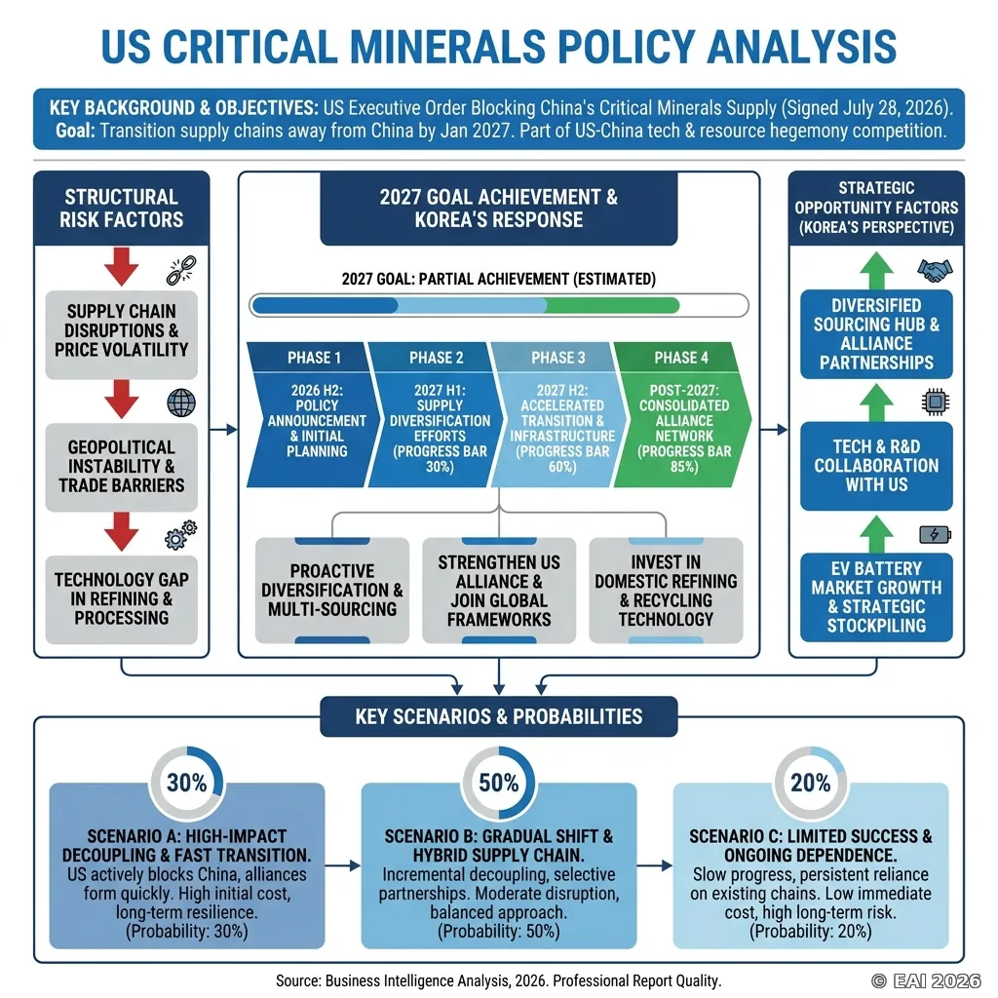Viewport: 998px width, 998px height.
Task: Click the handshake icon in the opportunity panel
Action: (935, 271)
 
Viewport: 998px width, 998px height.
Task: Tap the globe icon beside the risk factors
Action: (181, 403)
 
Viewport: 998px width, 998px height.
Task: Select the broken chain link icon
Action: (181, 271)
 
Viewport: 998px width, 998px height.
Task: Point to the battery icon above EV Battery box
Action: (935, 534)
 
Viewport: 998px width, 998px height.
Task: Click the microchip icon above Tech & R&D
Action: (935, 403)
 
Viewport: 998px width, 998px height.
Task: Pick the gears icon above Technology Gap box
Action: (180, 535)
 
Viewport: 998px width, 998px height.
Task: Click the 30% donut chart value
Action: (186, 783)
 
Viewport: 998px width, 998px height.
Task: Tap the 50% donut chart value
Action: (498, 783)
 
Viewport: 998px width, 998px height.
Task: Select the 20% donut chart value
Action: (810, 783)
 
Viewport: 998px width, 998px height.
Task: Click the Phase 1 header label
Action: (314, 358)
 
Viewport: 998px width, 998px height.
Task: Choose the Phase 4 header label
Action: (681, 358)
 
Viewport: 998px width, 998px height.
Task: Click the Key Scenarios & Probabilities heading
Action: (499, 716)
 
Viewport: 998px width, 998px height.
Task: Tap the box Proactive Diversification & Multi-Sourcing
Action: (332, 590)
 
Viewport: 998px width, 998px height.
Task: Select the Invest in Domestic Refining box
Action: (666, 590)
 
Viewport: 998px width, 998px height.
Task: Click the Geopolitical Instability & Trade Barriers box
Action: (122, 467)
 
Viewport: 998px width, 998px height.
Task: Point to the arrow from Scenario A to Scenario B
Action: (342, 865)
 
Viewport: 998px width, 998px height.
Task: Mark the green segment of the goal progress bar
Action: (612, 305)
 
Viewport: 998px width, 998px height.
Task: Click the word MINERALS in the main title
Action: (447, 47)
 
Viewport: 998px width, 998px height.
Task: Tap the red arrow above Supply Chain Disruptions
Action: (122, 266)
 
